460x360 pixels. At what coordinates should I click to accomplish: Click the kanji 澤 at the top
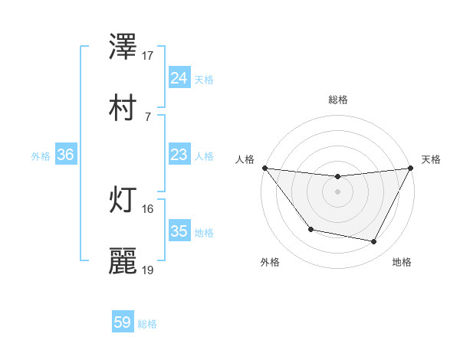tap(123, 47)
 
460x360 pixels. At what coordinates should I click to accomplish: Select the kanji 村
tap(123, 108)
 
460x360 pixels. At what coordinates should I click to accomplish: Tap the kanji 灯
tap(123, 200)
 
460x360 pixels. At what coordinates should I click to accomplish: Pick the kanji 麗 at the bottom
tap(123, 261)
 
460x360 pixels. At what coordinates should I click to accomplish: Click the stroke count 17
tap(148, 55)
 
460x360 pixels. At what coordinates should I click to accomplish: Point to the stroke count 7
tap(147, 116)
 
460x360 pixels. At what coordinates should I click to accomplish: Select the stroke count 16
tap(148, 208)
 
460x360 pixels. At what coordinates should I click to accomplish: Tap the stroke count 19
tap(148, 270)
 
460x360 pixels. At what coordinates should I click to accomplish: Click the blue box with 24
tap(179, 78)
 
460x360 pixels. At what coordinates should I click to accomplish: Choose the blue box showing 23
tap(179, 155)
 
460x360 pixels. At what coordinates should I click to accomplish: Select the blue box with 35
tap(179, 231)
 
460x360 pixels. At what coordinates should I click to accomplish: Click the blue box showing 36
tap(66, 155)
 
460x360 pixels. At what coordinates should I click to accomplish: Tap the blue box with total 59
tap(123, 322)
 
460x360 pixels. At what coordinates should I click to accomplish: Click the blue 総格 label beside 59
tap(147, 324)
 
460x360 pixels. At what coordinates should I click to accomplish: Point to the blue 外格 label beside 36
tap(41, 155)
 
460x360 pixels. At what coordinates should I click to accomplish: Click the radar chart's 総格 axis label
tap(337, 100)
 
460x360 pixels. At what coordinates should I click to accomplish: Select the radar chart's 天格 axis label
tap(431, 159)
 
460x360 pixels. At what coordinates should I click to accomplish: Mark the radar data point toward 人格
tap(264, 168)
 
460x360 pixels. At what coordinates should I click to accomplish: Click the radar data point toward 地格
tap(374, 242)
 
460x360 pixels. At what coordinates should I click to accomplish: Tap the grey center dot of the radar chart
tap(337, 191)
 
